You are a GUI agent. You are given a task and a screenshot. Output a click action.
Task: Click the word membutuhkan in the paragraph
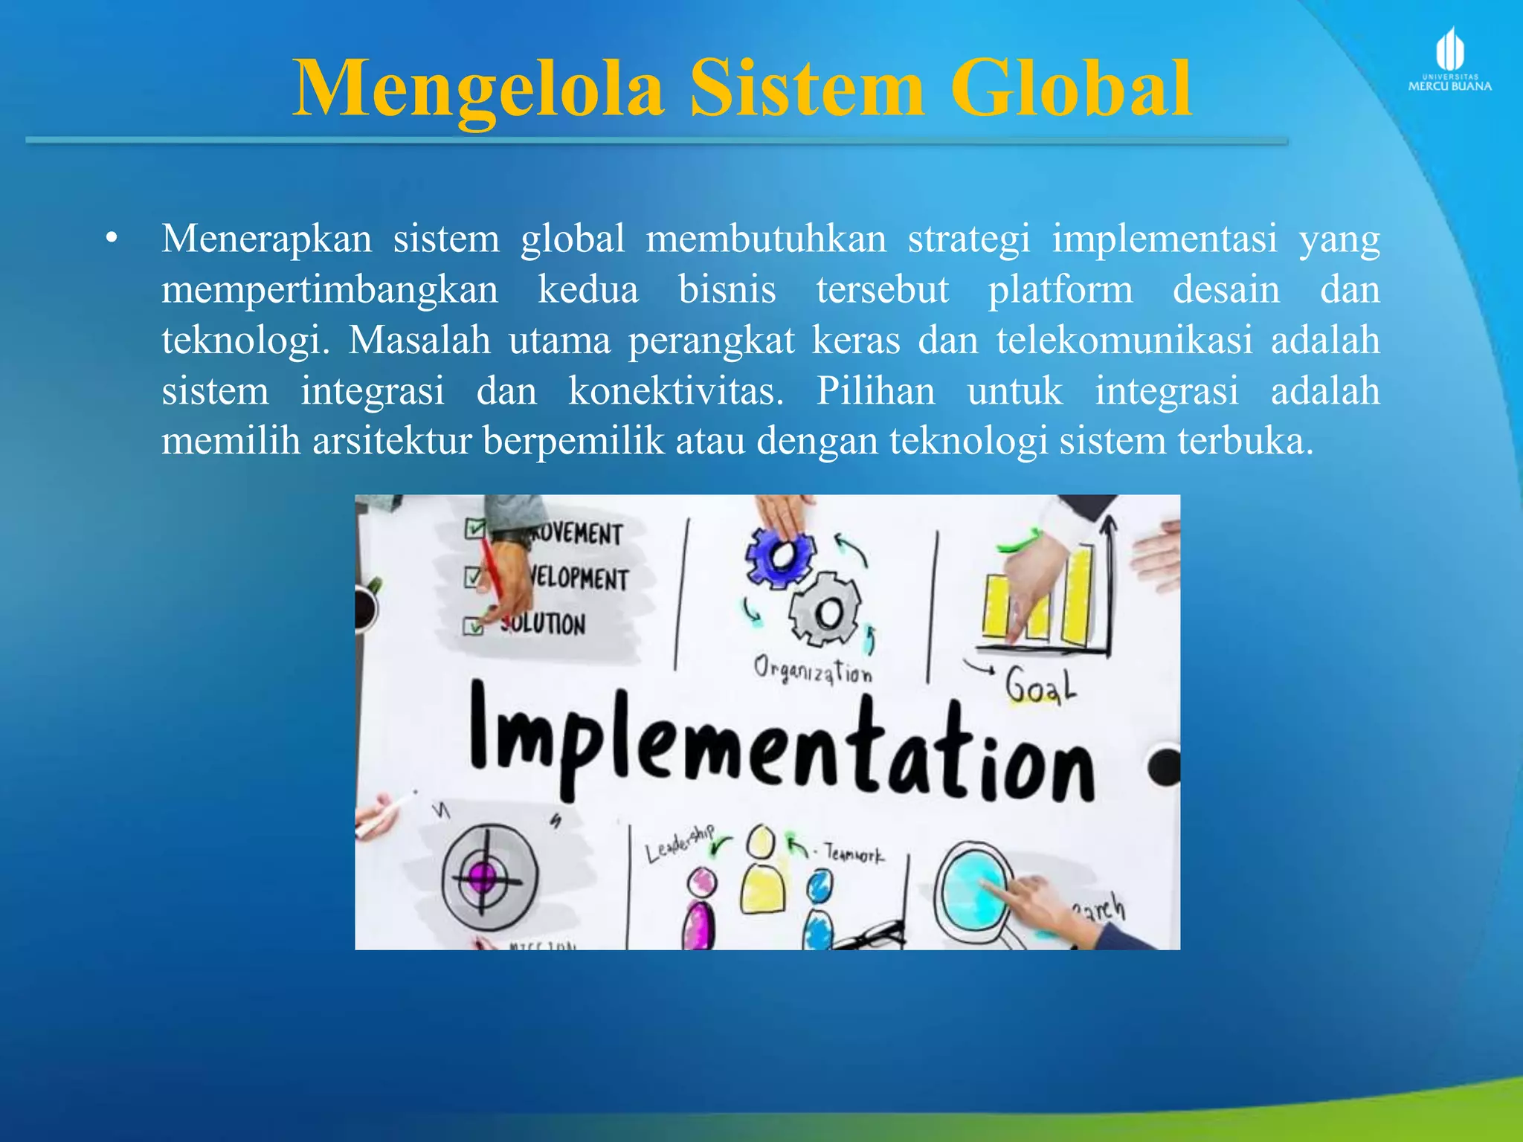click(766, 239)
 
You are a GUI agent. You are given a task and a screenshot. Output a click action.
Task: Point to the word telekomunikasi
click(1124, 341)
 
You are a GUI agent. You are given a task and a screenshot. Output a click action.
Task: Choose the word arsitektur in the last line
click(392, 442)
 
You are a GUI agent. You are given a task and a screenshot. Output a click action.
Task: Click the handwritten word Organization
click(812, 669)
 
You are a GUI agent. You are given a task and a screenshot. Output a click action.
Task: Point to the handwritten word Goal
click(1040, 685)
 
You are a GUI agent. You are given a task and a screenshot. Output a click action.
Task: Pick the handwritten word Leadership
click(678, 844)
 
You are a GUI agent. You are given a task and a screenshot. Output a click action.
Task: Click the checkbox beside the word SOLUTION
click(473, 626)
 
